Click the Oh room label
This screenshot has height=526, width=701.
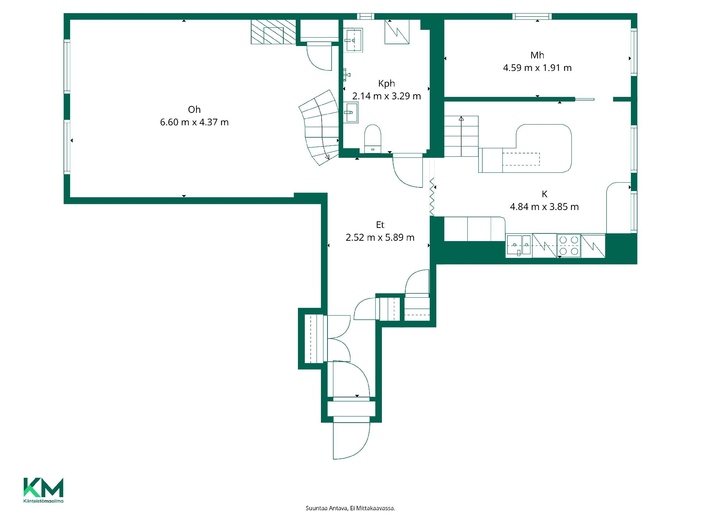[194, 110]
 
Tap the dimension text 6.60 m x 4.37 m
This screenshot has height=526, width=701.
[194, 122]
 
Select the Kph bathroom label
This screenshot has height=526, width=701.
[387, 84]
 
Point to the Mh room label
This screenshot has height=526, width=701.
[537, 55]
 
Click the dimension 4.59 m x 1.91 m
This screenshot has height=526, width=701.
[537, 68]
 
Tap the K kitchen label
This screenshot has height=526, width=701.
[544, 194]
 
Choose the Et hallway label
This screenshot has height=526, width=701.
[380, 225]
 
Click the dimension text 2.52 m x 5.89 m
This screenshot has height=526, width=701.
[380, 237]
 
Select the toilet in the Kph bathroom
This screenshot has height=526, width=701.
[373, 139]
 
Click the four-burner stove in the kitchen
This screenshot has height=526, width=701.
[569, 245]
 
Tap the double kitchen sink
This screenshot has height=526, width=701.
[519, 245]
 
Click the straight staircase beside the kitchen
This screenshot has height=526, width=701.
[461, 136]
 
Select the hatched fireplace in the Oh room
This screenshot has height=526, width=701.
[273, 32]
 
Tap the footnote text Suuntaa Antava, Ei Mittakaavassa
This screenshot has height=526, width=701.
[350, 508]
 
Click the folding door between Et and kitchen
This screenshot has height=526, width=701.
[432, 196]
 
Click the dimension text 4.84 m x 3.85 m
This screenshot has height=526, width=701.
[544, 207]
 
